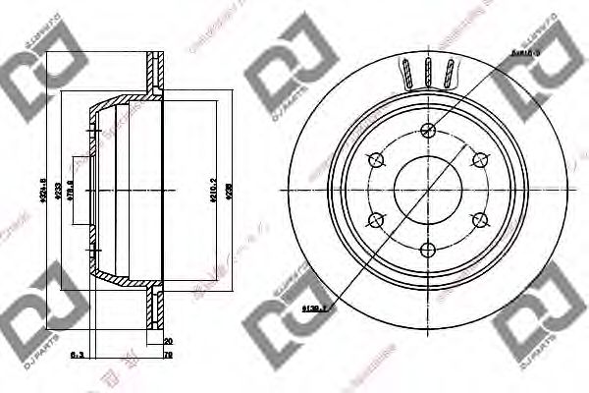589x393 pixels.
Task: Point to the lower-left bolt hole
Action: [377, 220]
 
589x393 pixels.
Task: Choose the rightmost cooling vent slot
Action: [450, 75]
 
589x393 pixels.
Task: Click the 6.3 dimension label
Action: [76, 357]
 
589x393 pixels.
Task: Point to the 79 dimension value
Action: [169, 357]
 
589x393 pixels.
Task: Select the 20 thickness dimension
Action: [169, 341]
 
